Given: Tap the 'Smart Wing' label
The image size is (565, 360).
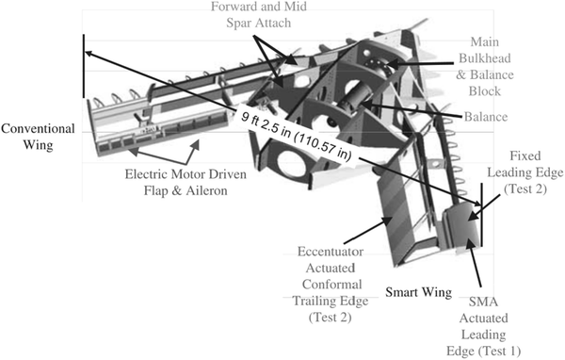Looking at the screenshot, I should pos(417,292).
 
